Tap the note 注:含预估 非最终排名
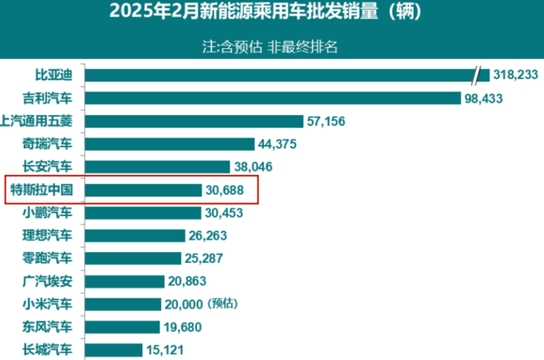[271, 47]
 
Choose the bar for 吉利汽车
[273, 98]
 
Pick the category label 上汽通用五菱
[42, 121]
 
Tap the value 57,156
[332, 121]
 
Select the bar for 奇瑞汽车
[169, 144]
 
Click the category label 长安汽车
[46, 167]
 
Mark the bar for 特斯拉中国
[142, 190]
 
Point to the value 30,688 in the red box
[229, 190]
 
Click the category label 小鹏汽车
[46, 212]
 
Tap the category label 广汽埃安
[46, 281]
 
